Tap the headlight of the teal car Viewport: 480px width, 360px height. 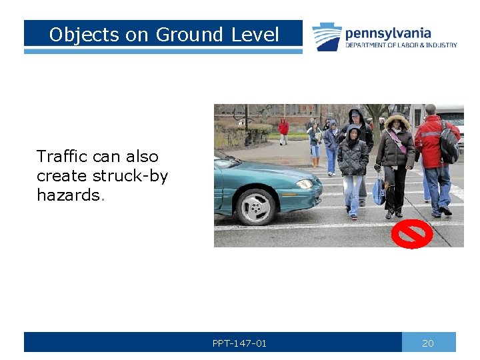(305, 184)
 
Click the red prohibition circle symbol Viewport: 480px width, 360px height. (411, 235)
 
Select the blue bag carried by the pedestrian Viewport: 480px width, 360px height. (379, 192)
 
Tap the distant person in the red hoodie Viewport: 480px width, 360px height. (283, 127)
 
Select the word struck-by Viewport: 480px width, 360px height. (130, 176)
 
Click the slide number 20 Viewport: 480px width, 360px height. (428, 343)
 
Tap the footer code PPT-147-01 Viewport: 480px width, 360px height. (239, 343)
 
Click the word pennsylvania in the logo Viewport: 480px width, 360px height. (387, 33)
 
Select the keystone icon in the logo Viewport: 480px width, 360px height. (327, 37)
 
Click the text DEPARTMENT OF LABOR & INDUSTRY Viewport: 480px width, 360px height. (401, 45)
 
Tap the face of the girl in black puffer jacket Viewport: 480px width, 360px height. (353, 135)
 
